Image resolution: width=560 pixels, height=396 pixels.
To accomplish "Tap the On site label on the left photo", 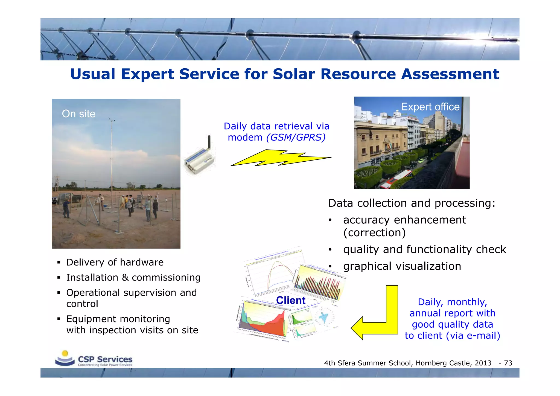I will [x=79, y=114].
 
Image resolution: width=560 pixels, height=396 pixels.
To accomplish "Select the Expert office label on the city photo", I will [x=430, y=107].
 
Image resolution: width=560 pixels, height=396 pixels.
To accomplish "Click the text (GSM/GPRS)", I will [x=296, y=137].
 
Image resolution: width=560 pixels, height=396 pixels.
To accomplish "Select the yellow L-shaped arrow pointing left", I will [x=377, y=317].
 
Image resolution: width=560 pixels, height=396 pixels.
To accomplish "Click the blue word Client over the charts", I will [x=291, y=300].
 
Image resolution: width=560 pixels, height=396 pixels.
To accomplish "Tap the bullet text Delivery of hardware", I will [x=115, y=262].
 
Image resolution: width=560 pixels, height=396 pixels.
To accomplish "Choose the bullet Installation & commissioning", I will [x=133, y=278].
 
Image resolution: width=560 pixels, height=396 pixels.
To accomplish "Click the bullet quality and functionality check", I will [x=424, y=249].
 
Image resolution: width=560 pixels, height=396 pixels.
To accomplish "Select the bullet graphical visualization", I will [x=402, y=266].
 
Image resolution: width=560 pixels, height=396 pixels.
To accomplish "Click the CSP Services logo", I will [x=94, y=359].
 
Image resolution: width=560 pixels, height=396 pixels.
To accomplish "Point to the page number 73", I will [x=508, y=363].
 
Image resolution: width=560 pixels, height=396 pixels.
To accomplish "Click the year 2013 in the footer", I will [x=483, y=363].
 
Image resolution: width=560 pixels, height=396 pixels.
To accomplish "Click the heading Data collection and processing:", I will [x=412, y=203].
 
